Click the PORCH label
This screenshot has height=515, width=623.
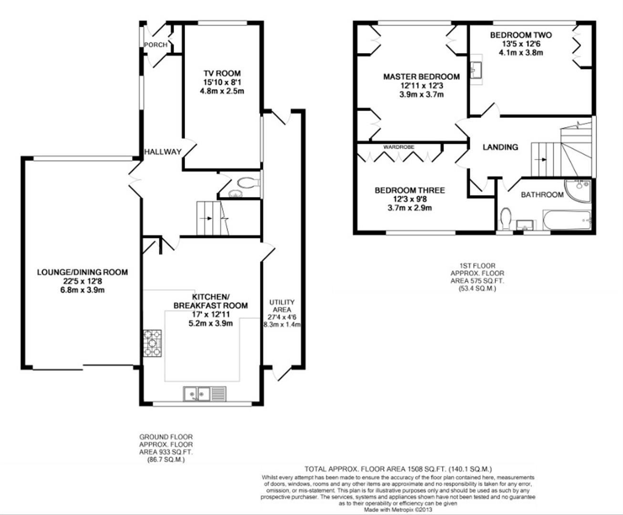click(x=156, y=45)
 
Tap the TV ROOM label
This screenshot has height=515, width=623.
click(x=222, y=73)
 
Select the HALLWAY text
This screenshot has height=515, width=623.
click(x=163, y=152)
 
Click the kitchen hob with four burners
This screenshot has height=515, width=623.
click(x=153, y=343)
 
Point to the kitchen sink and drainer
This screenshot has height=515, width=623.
click(x=205, y=393)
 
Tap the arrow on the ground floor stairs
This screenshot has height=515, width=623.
click(x=206, y=218)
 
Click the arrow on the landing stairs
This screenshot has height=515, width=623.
click(x=540, y=160)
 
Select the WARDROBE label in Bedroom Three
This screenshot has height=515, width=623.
click(x=399, y=147)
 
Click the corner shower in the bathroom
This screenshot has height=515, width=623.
click(x=579, y=190)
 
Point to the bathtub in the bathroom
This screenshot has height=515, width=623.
click(x=567, y=220)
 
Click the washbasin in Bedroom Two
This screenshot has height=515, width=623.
click(x=476, y=70)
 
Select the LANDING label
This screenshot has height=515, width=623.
click(x=500, y=147)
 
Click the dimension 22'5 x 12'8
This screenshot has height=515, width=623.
click(x=83, y=281)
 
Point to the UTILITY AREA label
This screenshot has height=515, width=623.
click(x=282, y=306)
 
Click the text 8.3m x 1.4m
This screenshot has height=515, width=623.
click(x=282, y=325)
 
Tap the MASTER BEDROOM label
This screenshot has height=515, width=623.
click(x=421, y=77)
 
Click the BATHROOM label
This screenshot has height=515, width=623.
click(x=542, y=195)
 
